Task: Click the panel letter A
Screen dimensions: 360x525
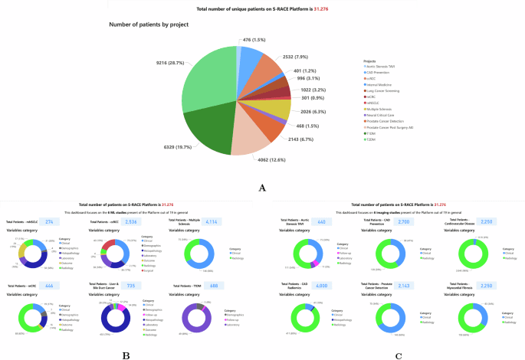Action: point(262,187)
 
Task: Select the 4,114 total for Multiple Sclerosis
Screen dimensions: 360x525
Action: point(208,222)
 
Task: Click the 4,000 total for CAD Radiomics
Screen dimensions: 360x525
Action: point(321,286)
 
